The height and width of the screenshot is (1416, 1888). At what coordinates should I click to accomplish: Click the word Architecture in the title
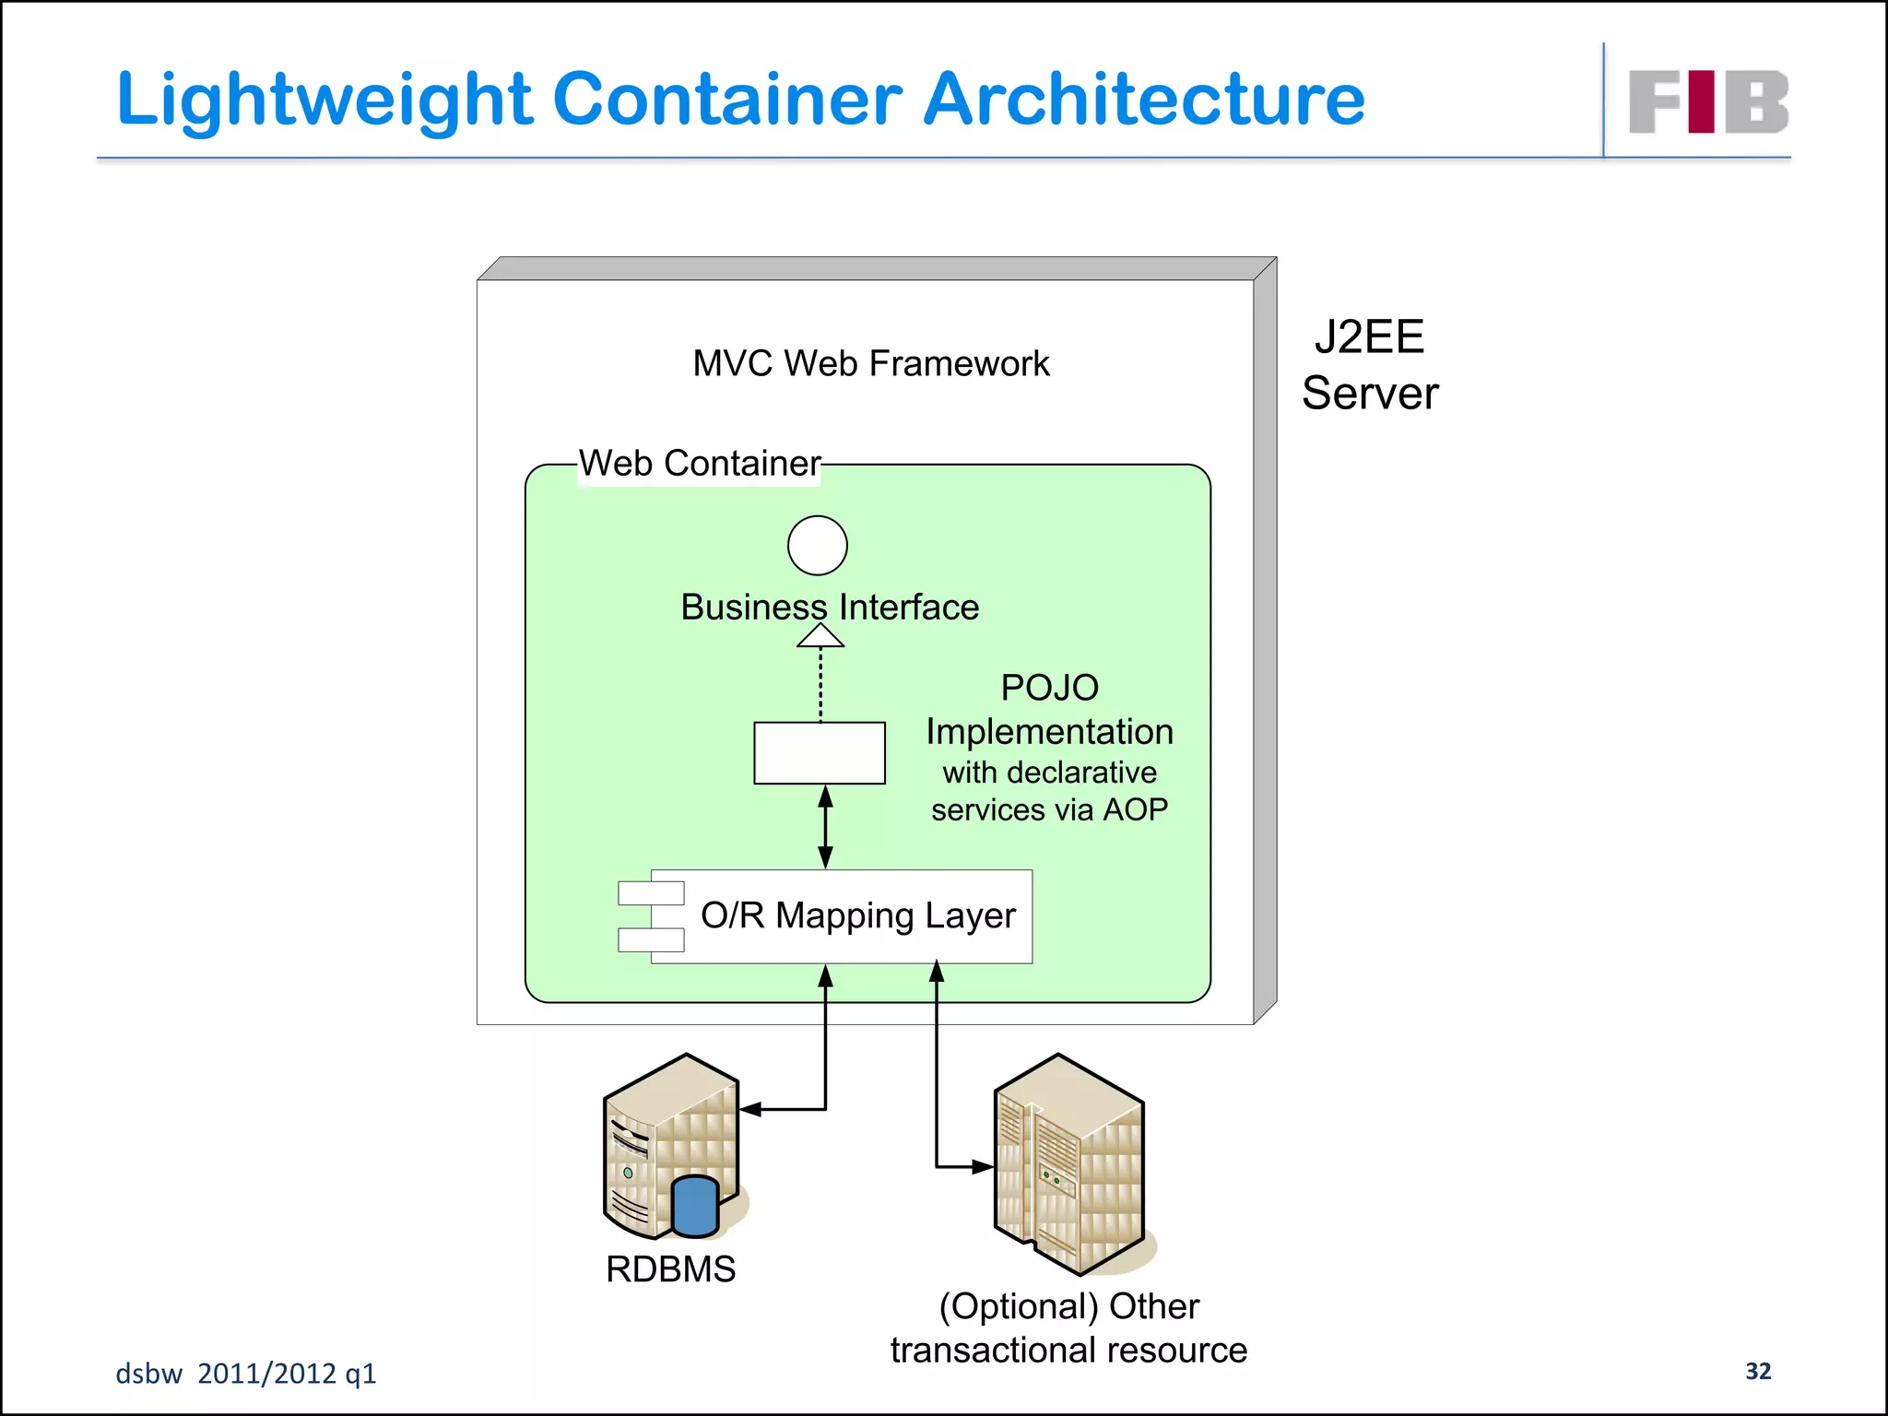(1143, 100)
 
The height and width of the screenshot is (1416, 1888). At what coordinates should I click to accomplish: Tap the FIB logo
(1707, 101)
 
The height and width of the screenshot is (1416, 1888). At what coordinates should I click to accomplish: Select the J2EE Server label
(1370, 365)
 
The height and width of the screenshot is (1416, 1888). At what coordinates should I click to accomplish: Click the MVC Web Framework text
(870, 363)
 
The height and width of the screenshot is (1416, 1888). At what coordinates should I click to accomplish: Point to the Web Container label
(699, 463)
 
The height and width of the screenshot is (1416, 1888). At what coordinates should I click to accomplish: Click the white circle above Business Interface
(818, 546)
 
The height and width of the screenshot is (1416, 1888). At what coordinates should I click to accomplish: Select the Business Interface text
(830, 607)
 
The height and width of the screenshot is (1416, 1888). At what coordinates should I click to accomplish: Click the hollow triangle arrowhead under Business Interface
(820, 636)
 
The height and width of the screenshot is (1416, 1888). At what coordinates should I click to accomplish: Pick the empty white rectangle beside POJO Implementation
(820, 753)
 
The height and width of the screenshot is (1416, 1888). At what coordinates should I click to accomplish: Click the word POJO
(1049, 688)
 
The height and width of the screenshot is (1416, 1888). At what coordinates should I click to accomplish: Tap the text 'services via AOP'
(1049, 809)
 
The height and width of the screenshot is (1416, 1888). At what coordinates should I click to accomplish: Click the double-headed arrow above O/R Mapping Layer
(826, 827)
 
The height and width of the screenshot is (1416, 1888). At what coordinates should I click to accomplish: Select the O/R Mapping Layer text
(857, 915)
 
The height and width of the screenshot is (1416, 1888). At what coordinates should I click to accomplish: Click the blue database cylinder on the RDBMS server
(695, 1206)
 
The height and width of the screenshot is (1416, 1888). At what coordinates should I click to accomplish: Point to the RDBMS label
(670, 1269)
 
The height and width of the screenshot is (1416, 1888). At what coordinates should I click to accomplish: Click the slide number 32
(1758, 1371)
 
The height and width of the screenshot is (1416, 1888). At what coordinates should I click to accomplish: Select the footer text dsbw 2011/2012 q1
(246, 1374)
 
